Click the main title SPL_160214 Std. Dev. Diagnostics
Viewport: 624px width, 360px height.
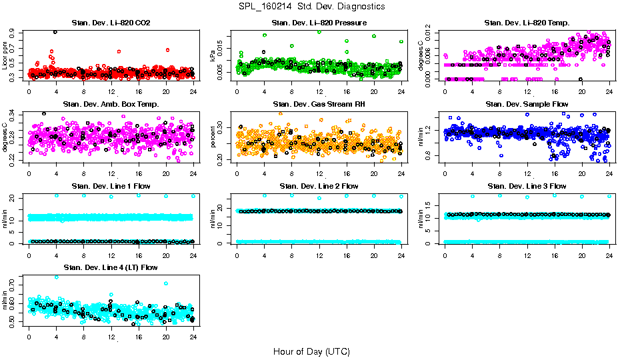point(311,7)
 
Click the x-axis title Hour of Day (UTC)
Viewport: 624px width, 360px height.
point(311,351)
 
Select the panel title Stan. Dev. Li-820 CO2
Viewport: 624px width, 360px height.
point(111,23)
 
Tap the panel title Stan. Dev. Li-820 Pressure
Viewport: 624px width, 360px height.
point(319,23)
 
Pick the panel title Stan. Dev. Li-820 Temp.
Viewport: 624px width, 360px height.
point(527,23)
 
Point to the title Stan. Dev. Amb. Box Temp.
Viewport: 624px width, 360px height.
point(111,105)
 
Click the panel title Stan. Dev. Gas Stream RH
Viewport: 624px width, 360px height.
point(319,105)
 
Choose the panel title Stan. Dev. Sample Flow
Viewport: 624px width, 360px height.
point(527,105)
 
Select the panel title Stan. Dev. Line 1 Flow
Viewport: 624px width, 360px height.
point(111,186)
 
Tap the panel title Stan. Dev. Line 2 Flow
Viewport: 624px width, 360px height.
point(319,186)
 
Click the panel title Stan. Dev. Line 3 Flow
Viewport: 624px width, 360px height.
point(527,186)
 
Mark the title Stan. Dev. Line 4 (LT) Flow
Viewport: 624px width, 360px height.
point(111,267)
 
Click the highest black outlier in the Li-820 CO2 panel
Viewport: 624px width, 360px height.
point(55,32)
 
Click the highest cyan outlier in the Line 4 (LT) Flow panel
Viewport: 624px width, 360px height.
point(56,277)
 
